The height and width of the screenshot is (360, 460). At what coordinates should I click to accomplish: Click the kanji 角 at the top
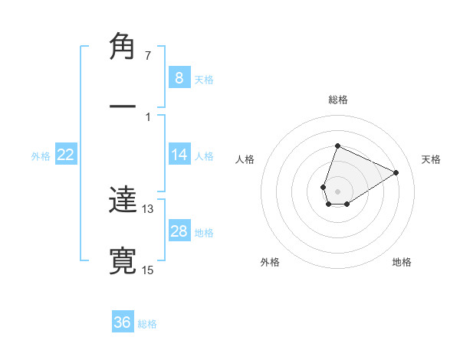click(x=123, y=47)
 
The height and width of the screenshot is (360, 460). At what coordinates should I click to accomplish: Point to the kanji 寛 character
click(x=123, y=260)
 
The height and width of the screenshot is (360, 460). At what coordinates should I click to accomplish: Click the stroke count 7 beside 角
click(x=148, y=56)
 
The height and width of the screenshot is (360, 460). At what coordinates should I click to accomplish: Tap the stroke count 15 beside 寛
click(x=148, y=269)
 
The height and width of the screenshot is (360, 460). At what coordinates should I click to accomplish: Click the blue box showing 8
click(x=179, y=78)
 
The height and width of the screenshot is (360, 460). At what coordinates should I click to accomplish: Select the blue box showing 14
click(x=179, y=155)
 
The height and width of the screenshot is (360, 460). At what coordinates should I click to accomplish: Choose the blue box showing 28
click(x=179, y=231)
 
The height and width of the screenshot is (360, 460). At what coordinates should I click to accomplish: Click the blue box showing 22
click(x=66, y=155)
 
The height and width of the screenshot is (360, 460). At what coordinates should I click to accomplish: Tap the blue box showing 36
click(x=123, y=322)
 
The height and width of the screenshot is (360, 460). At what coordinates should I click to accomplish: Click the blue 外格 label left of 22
click(x=41, y=156)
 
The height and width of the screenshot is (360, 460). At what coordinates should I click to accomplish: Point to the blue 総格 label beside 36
click(x=148, y=324)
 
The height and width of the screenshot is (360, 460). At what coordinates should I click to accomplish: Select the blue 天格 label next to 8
click(x=204, y=79)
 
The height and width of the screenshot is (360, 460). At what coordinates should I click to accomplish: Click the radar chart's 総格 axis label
click(x=337, y=100)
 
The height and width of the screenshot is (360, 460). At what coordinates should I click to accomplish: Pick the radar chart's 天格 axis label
click(x=431, y=159)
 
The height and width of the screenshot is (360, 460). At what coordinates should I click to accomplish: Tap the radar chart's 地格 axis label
click(x=402, y=262)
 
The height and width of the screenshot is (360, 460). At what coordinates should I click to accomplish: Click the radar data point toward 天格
click(x=396, y=172)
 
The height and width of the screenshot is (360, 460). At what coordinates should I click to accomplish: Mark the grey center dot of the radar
click(x=337, y=190)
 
